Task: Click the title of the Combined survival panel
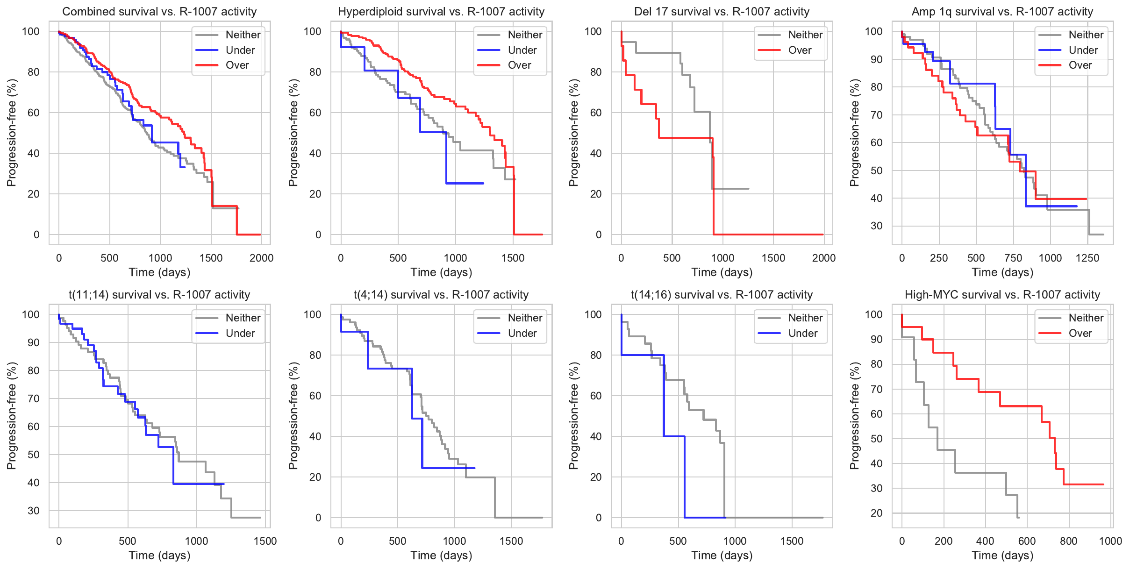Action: pyautogui.click(x=159, y=12)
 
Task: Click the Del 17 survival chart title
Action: pyautogui.click(x=722, y=12)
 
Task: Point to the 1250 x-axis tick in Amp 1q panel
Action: pyautogui.click(x=1087, y=258)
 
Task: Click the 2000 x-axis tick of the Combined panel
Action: pyautogui.click(x=261, y=258)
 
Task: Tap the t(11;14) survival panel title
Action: pyautogui.click(x=159, y=295)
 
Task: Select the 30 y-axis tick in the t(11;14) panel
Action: pyautogui.click(x=34, y=511)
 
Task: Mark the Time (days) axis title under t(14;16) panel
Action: pyautogui.click(x=722, y=555)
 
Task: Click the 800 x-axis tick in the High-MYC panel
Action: pyautogui.click(x=1068, y=541)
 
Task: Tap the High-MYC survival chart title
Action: pyautogui.click(x=1002, y=295)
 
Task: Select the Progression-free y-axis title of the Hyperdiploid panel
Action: pyautogui.click(x=293, y=133)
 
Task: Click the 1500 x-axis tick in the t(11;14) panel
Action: pyautogui.click(x=265, y=541)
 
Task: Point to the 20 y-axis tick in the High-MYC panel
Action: pyautogui.click(x=877, y=513)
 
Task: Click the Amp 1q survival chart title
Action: pyautogui.click(x=1002, y=12)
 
